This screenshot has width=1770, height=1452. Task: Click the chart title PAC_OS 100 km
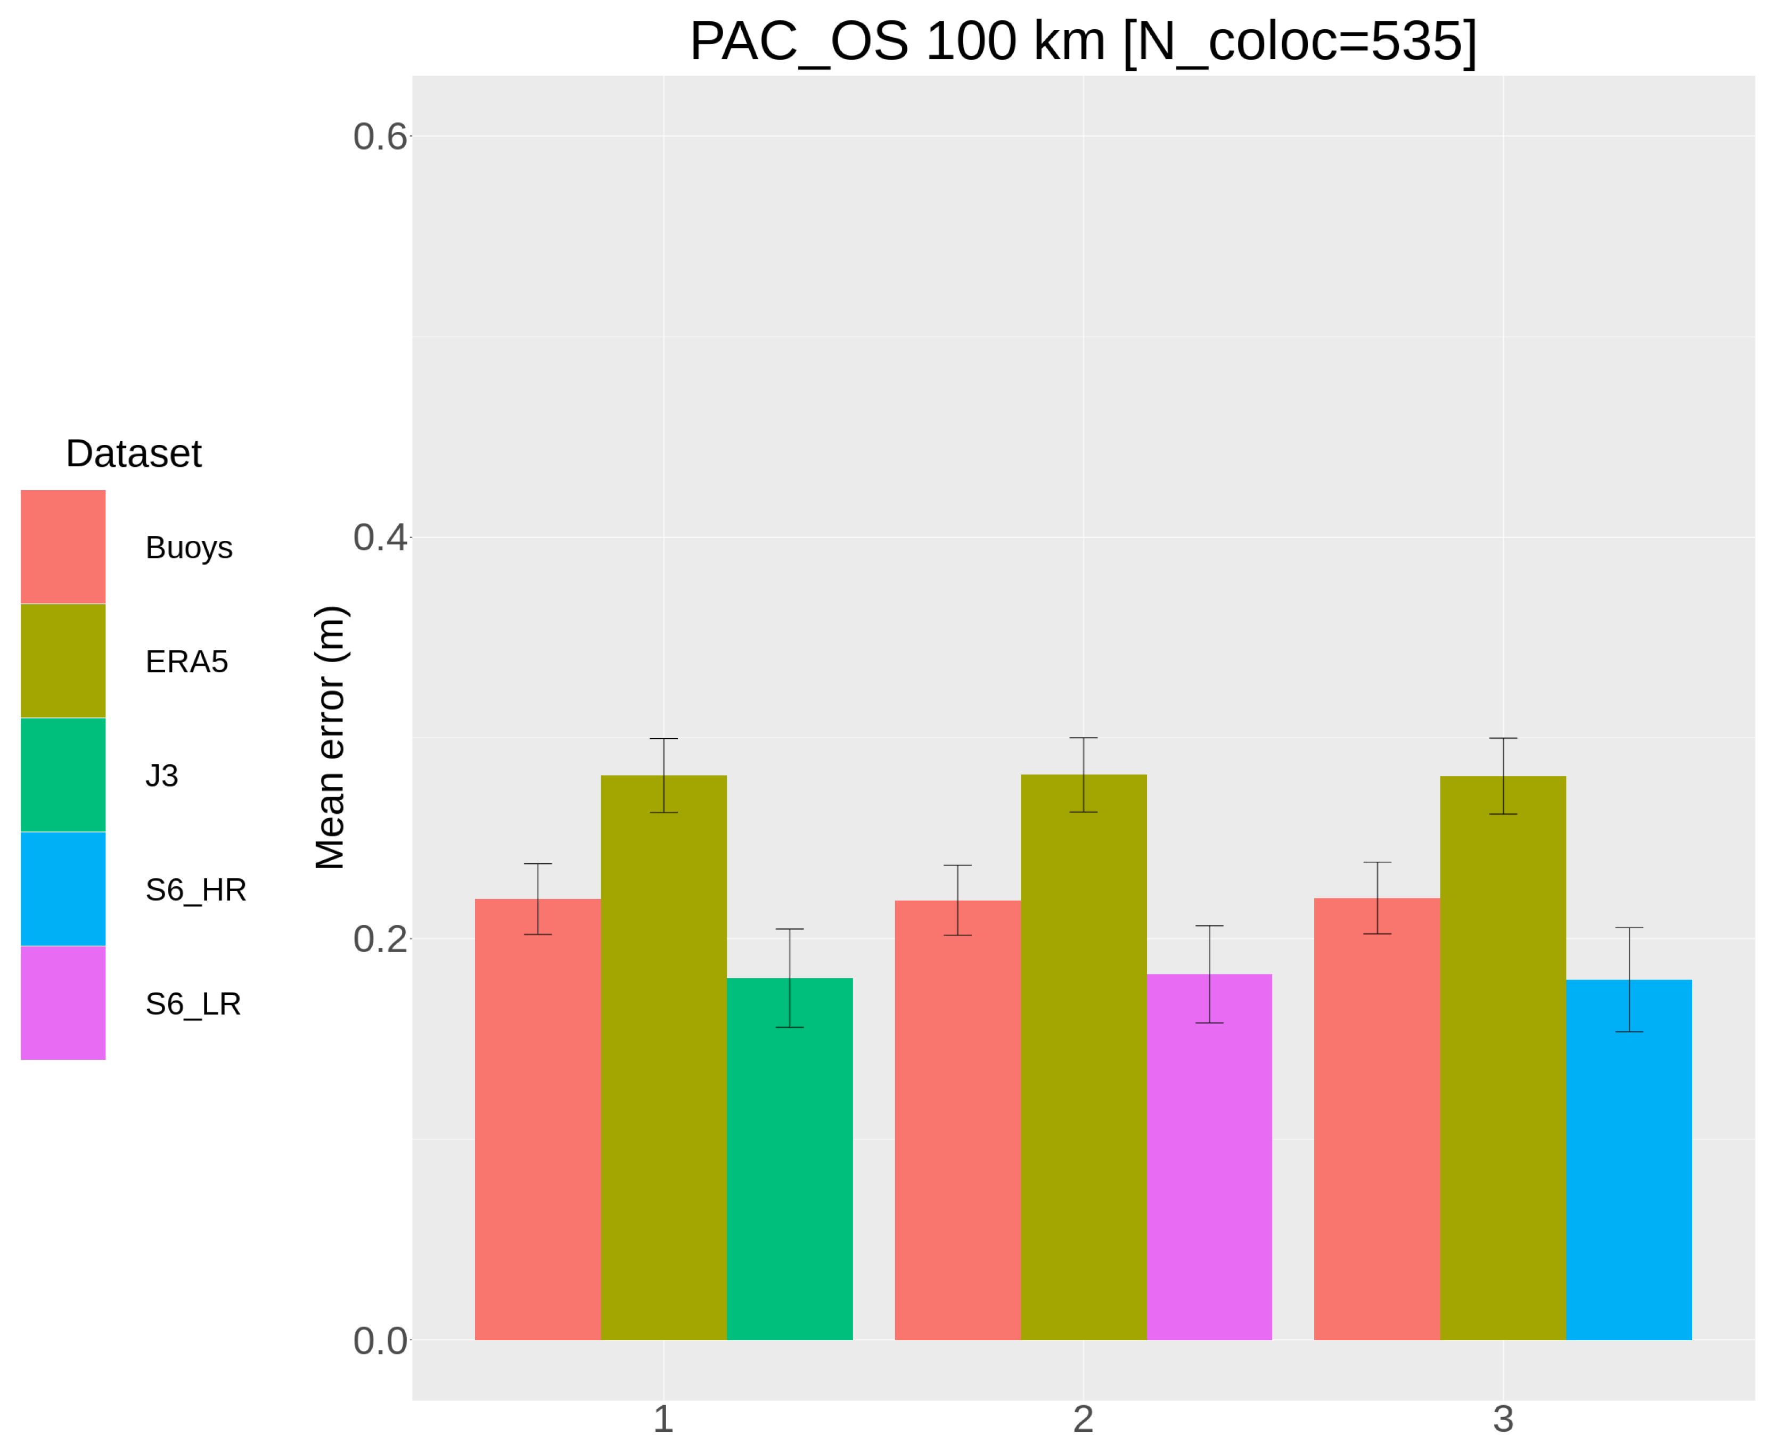click(1082, 42)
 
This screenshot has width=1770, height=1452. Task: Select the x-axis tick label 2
click(1083, 1420)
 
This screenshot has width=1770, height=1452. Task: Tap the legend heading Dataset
click(134, 454)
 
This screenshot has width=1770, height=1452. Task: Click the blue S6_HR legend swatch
click(63, 888)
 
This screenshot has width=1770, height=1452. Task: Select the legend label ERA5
click(186, 662)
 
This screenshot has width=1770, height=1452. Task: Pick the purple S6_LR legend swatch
click(63, 1002)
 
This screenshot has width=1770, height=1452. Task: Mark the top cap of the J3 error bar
click(789, 929)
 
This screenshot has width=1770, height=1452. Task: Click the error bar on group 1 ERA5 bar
click(663, 775)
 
